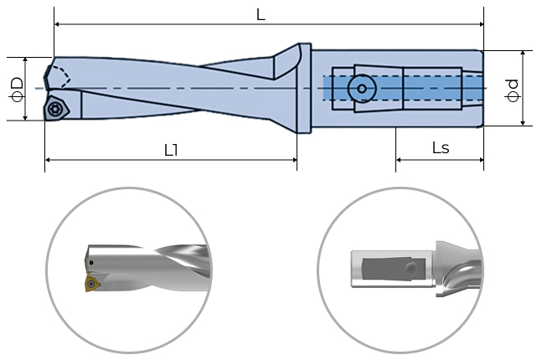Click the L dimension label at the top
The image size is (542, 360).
pyautogui.click(x=261, y=15)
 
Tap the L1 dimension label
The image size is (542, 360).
pyautogui.click(x=172, y=149)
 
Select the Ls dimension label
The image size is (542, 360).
pyautogui.click(x=440, y=148)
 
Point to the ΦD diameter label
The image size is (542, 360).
pyautogui.click(x=16, y=88)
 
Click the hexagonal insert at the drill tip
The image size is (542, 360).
pyautogui.click(x=56, y=107)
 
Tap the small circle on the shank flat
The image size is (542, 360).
pyautogui.click(x=361, y=87)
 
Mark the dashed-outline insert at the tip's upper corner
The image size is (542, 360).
pyautogui.click(x=57, y=75)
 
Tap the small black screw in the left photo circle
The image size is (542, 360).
pyautogui.click(x=90, y=265)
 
